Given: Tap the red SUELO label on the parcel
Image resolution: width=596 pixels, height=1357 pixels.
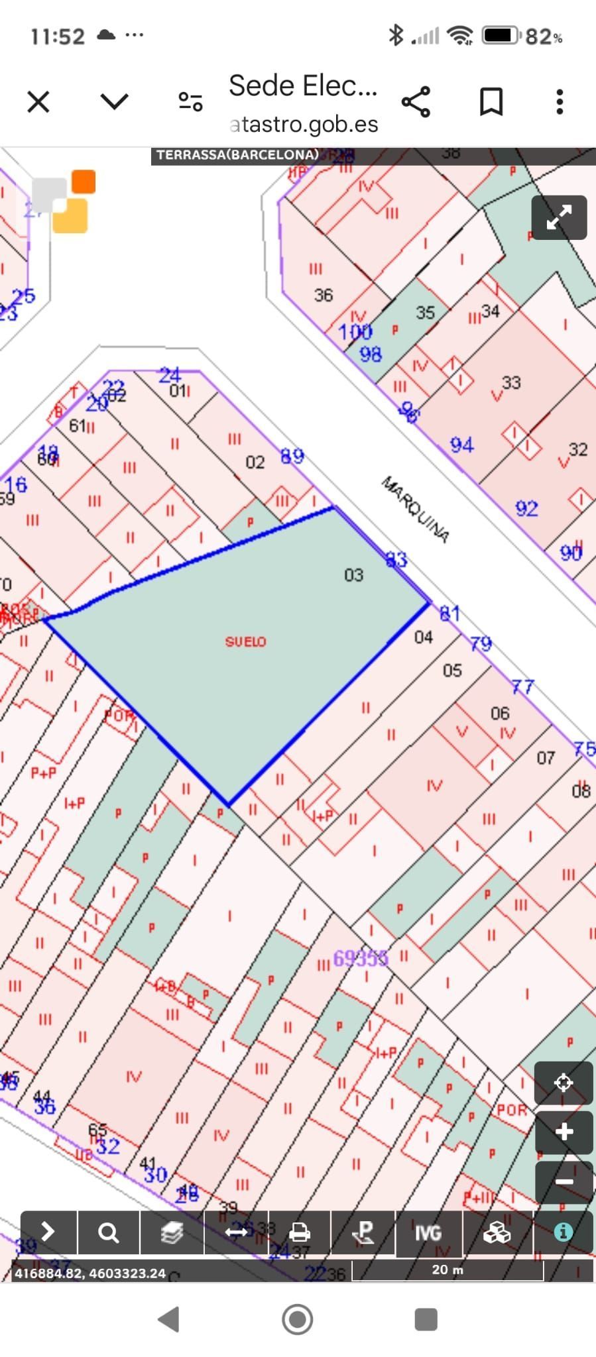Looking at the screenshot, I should (245, 641).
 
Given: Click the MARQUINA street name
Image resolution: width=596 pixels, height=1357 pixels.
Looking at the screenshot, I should (415, 509).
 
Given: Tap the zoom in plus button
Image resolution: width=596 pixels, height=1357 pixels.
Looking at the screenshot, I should (564, 1131).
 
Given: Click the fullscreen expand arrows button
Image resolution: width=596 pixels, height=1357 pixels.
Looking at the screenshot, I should (559, 217).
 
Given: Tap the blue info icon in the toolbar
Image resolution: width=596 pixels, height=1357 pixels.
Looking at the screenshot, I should (563, 1232).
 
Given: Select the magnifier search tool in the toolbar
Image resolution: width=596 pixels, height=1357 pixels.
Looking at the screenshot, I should (108, 1232).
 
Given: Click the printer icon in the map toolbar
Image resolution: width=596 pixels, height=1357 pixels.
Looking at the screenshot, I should (300, 1232).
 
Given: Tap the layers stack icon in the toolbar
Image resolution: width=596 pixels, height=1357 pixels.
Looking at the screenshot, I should (172, 1232).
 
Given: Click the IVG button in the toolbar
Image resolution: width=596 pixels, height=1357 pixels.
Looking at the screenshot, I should (428, 1232).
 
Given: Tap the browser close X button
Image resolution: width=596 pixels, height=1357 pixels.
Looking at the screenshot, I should (38, 102).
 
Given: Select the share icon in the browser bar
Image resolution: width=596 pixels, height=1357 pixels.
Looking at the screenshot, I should (416, 102).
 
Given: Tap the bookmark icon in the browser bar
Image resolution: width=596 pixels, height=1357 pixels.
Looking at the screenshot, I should (491, 102).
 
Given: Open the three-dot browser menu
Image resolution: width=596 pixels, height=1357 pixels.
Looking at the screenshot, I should (560, 102).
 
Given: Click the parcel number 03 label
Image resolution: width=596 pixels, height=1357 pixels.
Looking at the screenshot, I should (353, 575).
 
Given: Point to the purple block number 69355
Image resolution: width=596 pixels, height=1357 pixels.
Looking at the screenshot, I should (360, 958).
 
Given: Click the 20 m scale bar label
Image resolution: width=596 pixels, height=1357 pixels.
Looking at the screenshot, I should (447, 1270).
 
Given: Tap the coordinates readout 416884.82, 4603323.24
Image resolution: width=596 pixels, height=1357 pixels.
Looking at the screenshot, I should (90, 1273).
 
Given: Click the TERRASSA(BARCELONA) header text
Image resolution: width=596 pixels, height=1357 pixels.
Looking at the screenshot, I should (237, 155).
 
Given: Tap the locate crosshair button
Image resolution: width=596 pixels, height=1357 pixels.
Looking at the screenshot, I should (564, 1083).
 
